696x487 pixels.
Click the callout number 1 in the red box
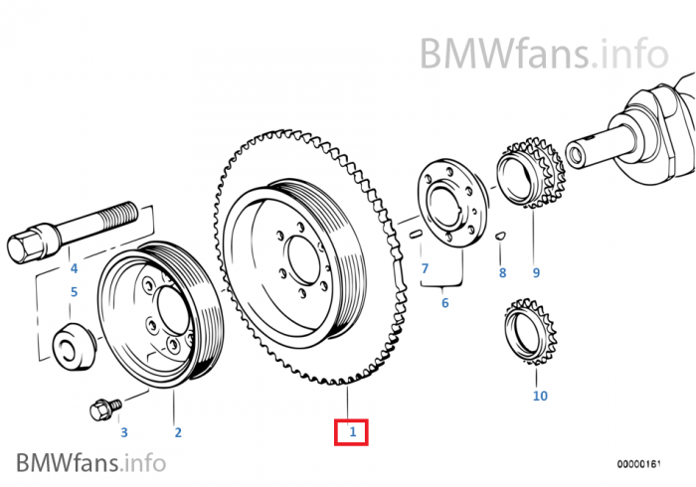point(351,432)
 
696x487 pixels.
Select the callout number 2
point(178,432)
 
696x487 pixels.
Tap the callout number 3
point(124,432)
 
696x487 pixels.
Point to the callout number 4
point(73,268)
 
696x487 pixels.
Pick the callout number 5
point(73,292)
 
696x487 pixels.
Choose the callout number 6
point(444,302)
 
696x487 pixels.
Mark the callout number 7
point(425,269)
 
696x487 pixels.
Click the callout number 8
point(502,272)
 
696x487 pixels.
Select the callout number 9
point(535,272)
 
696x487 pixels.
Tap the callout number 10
point(540,396)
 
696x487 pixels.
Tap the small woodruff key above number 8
point(502,237)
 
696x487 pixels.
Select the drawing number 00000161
point(636,464)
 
